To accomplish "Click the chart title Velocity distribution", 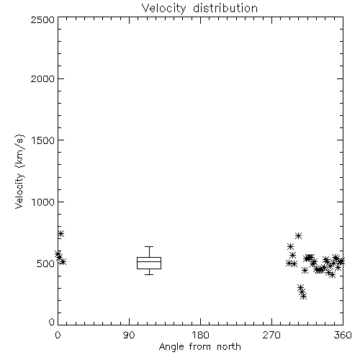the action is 199,8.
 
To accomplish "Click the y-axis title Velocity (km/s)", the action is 19,171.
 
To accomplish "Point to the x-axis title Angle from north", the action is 199,347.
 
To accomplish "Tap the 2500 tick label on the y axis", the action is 42,19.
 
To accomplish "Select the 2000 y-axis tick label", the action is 42,78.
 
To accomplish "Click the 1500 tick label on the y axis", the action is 43,140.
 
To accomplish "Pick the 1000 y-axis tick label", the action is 43,202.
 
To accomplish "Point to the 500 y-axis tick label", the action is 46,264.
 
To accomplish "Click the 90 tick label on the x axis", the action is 129,335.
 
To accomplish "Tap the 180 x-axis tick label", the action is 200,335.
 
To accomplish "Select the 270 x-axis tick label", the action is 271,335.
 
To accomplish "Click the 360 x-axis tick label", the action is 343,335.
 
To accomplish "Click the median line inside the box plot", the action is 149,261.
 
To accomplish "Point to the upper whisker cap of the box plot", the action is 149,246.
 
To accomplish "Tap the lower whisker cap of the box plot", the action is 149,274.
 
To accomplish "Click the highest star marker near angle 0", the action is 61,233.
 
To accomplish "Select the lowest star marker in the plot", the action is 304,297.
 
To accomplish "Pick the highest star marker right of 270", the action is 298,235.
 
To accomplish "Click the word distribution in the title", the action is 225,8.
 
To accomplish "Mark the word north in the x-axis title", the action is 229,347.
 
